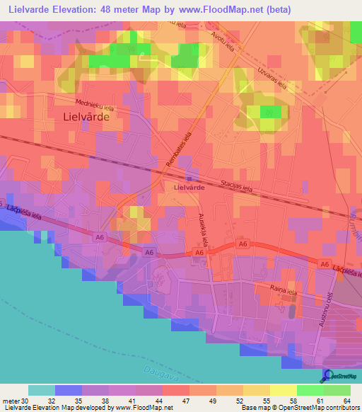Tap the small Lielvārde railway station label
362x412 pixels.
coord(189,188)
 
